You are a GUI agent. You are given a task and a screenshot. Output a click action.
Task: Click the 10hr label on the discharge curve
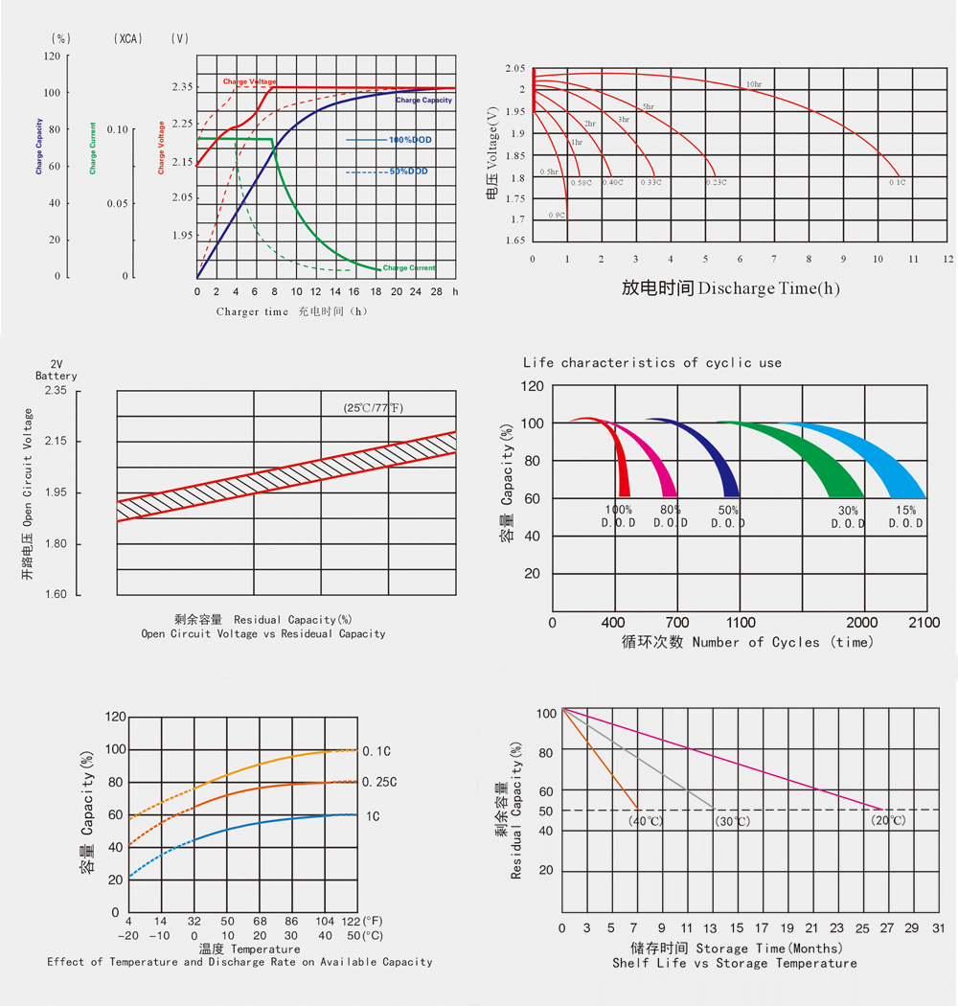(753, 85)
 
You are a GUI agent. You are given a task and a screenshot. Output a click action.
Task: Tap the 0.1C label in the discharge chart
(897, 182)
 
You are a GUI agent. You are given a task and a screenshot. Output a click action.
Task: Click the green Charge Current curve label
(409, 268)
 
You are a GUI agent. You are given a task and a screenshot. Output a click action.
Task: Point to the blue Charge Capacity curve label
(423, 101)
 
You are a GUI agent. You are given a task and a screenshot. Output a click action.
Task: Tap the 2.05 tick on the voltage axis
(515, 69)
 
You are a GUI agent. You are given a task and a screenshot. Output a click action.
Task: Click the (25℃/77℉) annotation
(374, 408)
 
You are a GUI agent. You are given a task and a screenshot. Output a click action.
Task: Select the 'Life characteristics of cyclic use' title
(652, 363)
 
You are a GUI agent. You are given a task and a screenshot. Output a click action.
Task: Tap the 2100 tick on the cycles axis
(925, 623)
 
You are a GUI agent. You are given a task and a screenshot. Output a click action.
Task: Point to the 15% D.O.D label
(905, 516)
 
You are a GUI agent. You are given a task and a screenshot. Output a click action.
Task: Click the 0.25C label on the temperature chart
(379, 782)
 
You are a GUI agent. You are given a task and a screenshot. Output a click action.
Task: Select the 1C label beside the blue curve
(373, 816)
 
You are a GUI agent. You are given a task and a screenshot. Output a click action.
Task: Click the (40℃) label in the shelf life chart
(646, 821)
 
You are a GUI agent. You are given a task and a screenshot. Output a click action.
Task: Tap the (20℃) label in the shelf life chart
(888, 821)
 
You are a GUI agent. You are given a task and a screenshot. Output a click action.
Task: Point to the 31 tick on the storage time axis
(938, 928)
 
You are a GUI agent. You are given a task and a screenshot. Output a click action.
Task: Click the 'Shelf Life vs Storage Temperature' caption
(735, 963)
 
